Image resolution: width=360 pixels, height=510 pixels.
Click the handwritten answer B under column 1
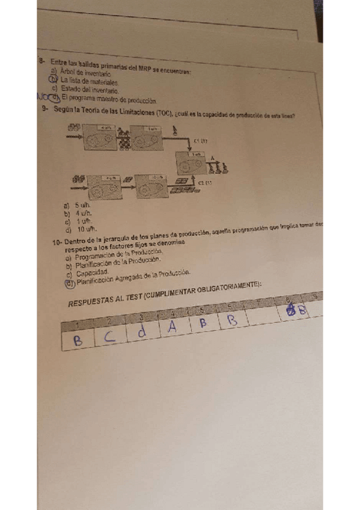pos(78,340)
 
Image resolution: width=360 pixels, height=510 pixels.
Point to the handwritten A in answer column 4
pos(172,327)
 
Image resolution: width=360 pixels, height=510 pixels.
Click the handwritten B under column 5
pos(203,322)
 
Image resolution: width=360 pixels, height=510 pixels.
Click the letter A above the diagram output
pos(212,158)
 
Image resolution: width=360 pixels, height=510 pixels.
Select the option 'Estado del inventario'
pos(85,90)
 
